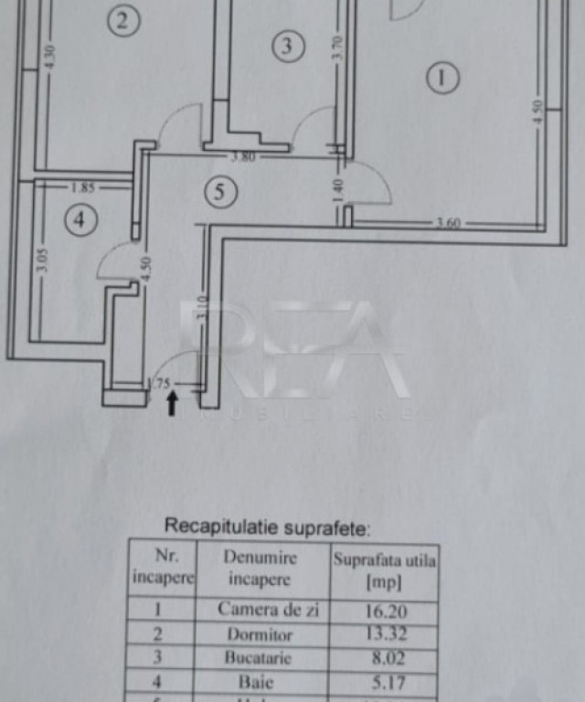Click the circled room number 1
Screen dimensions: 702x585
point(441,79)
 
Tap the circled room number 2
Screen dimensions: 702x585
point(123,21)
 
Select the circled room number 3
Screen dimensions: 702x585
point(289,46)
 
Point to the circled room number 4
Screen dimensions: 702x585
point(80,219)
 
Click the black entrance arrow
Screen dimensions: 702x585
point(172,403)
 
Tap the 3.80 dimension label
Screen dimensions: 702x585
point(242,156)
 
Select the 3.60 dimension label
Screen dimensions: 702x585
point(448,223)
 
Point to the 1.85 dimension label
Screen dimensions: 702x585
point(82,188)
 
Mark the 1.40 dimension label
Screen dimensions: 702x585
point(337,190)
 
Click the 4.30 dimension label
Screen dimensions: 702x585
point(51,57)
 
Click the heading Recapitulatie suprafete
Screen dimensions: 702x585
point(267,526)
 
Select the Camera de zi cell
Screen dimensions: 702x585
point(268,610)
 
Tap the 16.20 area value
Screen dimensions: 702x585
point(383,610)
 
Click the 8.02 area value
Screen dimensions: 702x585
point(383,657)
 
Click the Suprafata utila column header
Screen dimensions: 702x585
point(385,570)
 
